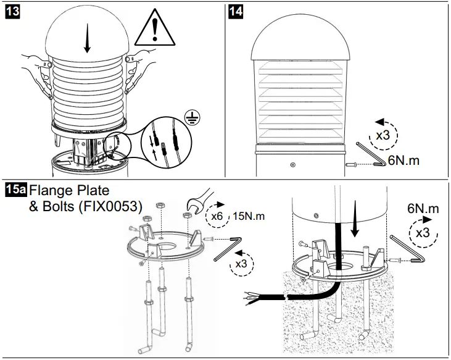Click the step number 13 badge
coord(13,11)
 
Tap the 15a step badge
coord(15,189)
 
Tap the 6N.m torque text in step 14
coord(403,161)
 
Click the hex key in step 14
coord(370,155)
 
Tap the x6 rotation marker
coord(218,213)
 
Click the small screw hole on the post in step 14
coord(292,164)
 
